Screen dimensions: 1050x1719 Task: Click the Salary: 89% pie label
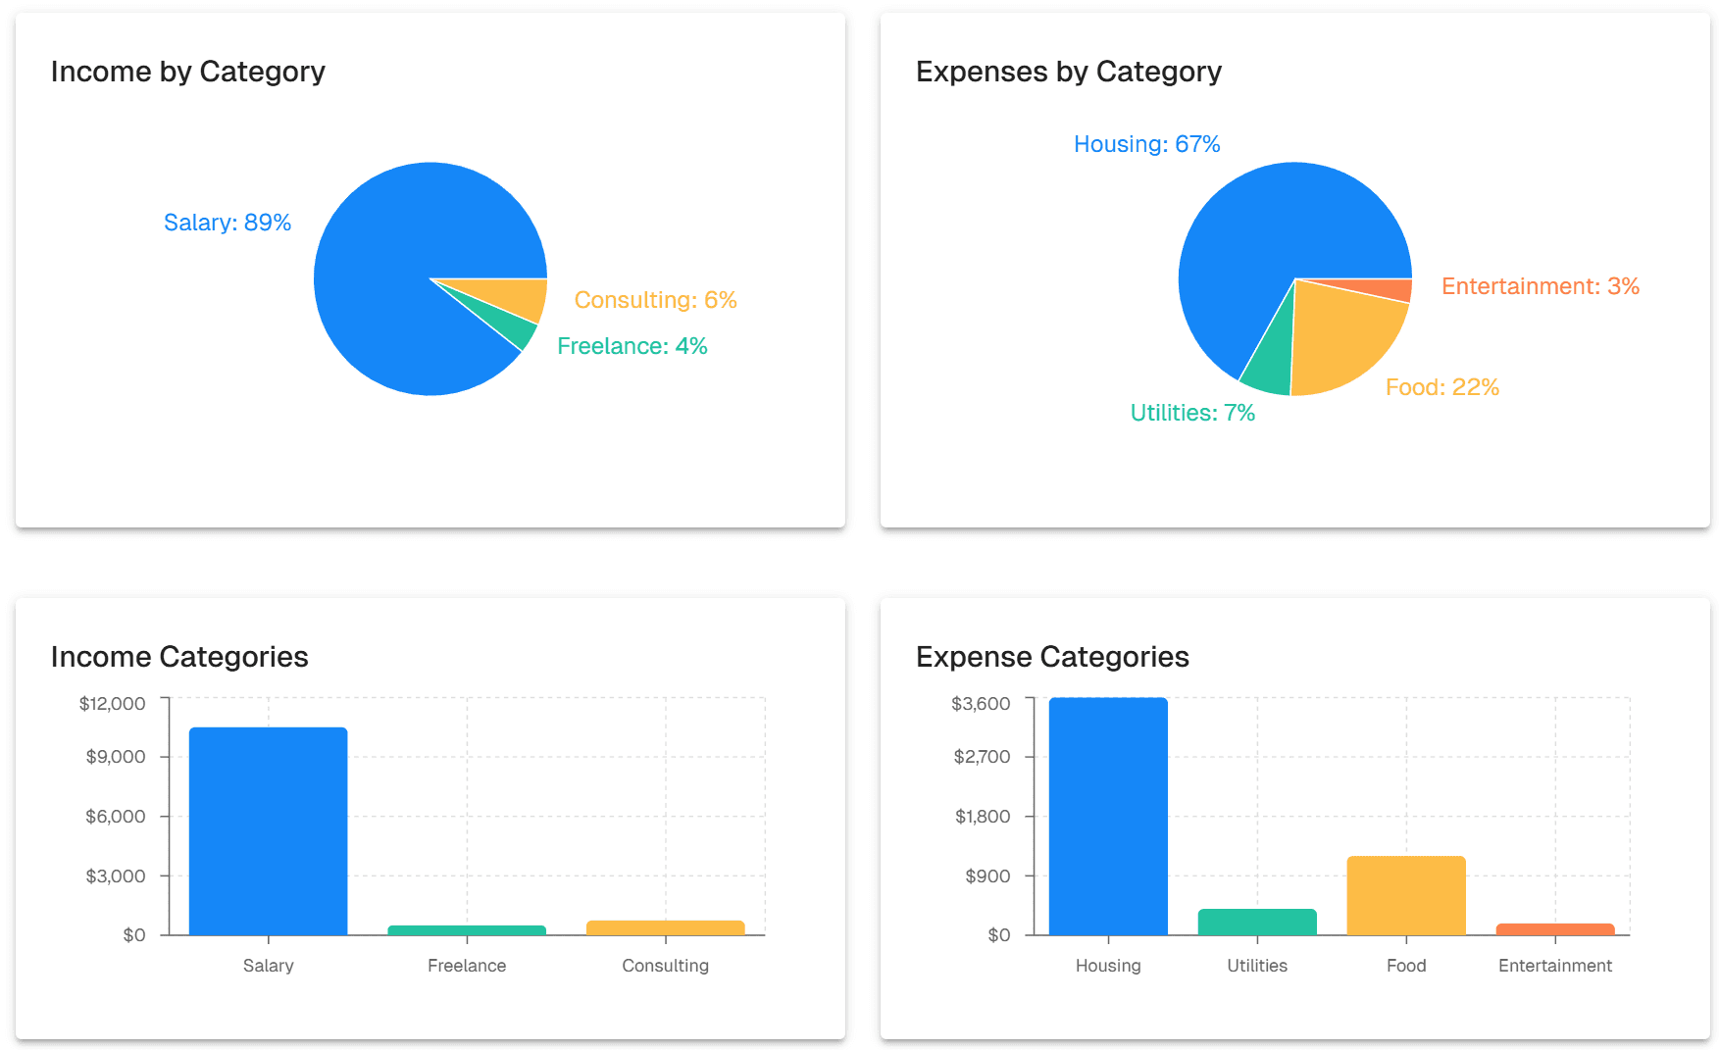(228, 223)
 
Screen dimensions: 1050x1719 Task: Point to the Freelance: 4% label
(632, 346)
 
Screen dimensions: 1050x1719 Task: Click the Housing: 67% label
(1146, 144)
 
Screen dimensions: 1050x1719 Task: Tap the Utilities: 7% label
(1192, 413)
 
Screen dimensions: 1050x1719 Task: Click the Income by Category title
(187, 72)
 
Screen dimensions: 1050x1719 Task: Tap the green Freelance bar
(467, 929)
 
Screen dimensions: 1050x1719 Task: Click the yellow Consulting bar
(665, 927)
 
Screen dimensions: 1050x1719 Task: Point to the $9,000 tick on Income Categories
(116, 757)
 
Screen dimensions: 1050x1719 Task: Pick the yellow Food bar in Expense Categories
(1405, 895)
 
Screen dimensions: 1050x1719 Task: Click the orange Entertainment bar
(1554, 928)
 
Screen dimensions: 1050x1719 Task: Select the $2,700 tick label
(982, 757)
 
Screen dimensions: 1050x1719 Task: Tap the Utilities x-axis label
(1256, 966)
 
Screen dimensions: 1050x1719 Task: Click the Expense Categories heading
(1051, 657)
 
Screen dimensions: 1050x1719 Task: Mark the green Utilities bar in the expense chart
(1256, 922)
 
